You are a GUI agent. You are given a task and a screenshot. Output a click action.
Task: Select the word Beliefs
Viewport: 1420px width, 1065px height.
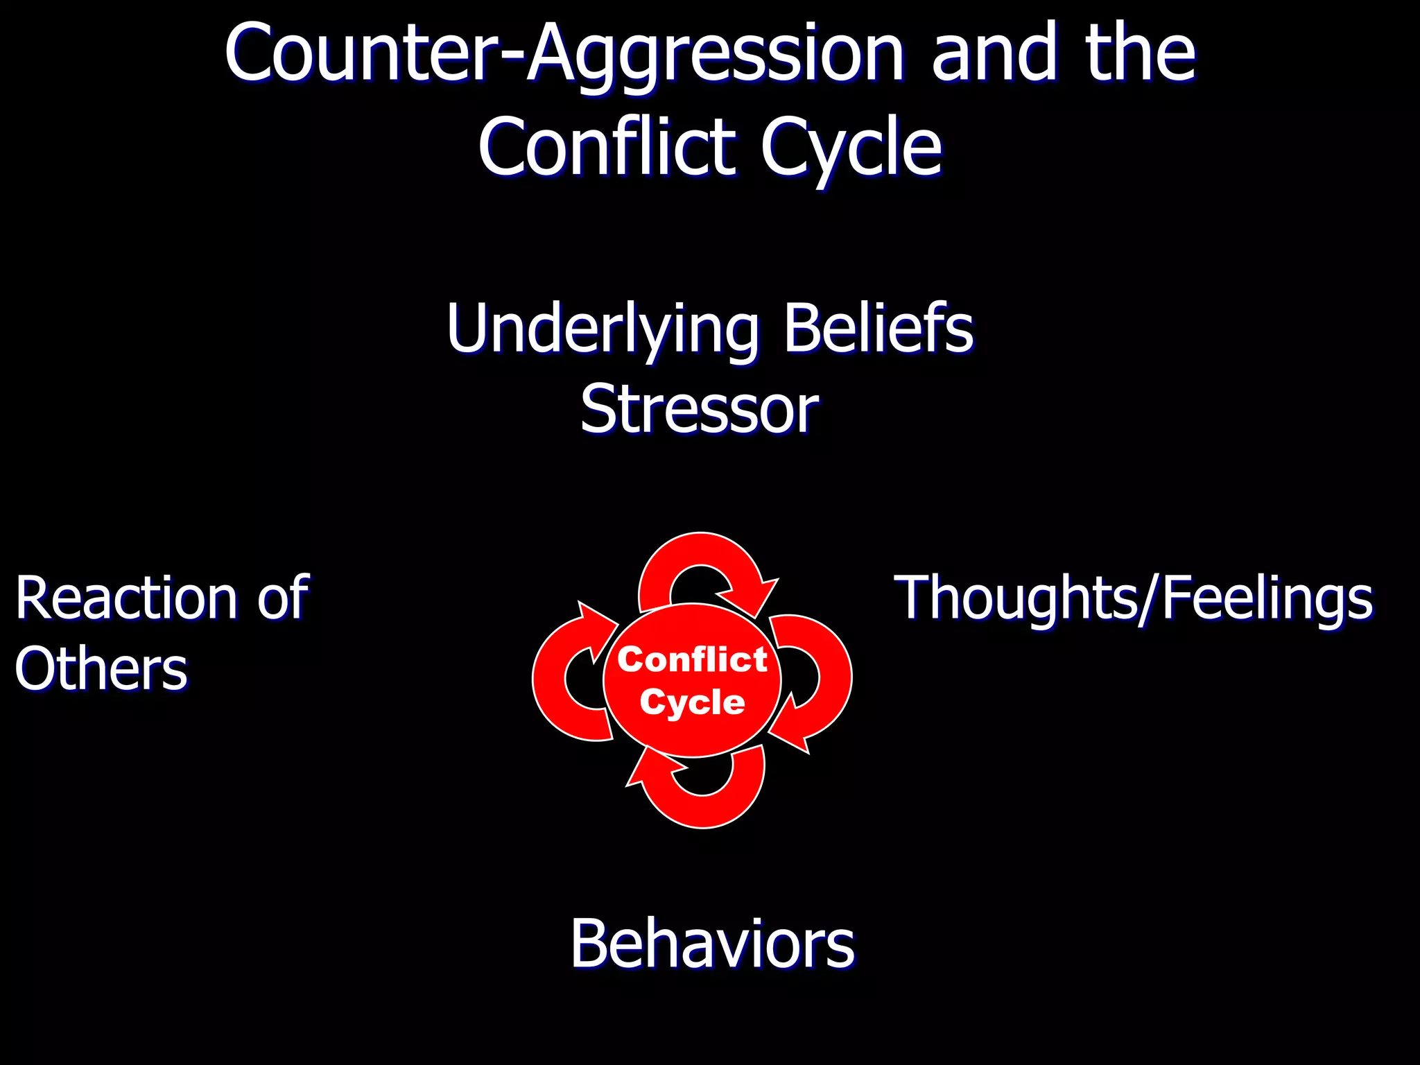(x=878, y=329)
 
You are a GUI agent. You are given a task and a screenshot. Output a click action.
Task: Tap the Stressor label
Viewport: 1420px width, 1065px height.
(x=700, y=410)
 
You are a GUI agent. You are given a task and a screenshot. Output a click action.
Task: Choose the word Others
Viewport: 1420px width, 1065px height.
(x=101, y=669)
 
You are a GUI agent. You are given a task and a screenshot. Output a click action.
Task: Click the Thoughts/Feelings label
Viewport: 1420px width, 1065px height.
(x=1134, y=598)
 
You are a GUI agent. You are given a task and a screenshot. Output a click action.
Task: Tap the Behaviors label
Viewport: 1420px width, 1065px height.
(x=713, y=944)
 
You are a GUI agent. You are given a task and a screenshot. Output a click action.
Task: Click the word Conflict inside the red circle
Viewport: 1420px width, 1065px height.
(x=692, y=659)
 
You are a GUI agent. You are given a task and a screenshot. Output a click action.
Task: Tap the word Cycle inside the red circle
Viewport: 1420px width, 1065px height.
(x=692, y=702)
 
